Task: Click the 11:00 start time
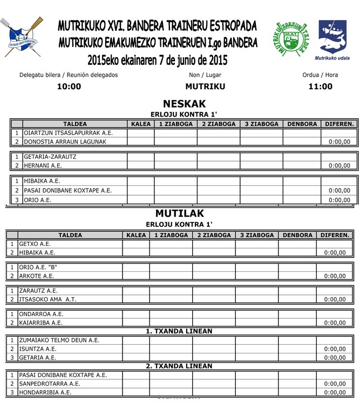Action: [x=320, y=86]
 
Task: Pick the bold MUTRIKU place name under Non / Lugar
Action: [x=205, y=86]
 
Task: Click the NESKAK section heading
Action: [x=184, y=104]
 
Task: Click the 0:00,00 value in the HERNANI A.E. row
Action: [x=339, y=166]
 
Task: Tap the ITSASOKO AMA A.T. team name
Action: [x=47, y=299]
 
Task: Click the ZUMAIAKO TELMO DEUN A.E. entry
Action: [x=59, y=340]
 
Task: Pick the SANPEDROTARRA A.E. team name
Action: [x=49, y=384]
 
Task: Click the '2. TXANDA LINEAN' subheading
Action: [x=179, y=366]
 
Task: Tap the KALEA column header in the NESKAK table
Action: [x=141, y=124]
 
